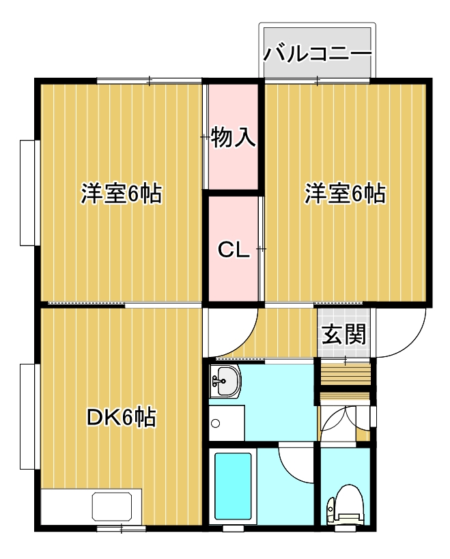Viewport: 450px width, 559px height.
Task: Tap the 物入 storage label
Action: coord(234,137)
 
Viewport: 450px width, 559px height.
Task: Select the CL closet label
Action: coord(234,250)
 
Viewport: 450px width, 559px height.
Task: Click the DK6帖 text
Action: coord(122,416)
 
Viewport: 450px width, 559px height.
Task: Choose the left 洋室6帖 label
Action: coord(121,194)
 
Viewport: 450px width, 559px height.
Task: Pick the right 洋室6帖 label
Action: coord(345,194)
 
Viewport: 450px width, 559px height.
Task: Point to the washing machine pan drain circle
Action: coord(216,423)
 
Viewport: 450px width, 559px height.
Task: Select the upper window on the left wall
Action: coord(27,192)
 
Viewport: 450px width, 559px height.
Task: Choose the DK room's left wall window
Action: coord(27,416)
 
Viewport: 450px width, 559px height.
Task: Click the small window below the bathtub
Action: coord(233,528)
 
